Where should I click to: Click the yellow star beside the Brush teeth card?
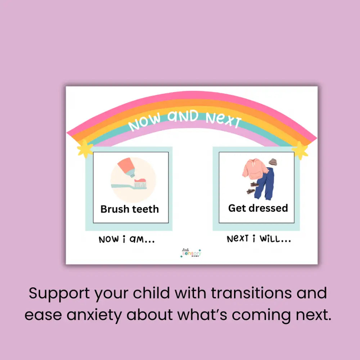click(85, 149)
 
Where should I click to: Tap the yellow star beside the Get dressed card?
click(300, 150)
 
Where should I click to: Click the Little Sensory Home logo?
click(191, 252)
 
